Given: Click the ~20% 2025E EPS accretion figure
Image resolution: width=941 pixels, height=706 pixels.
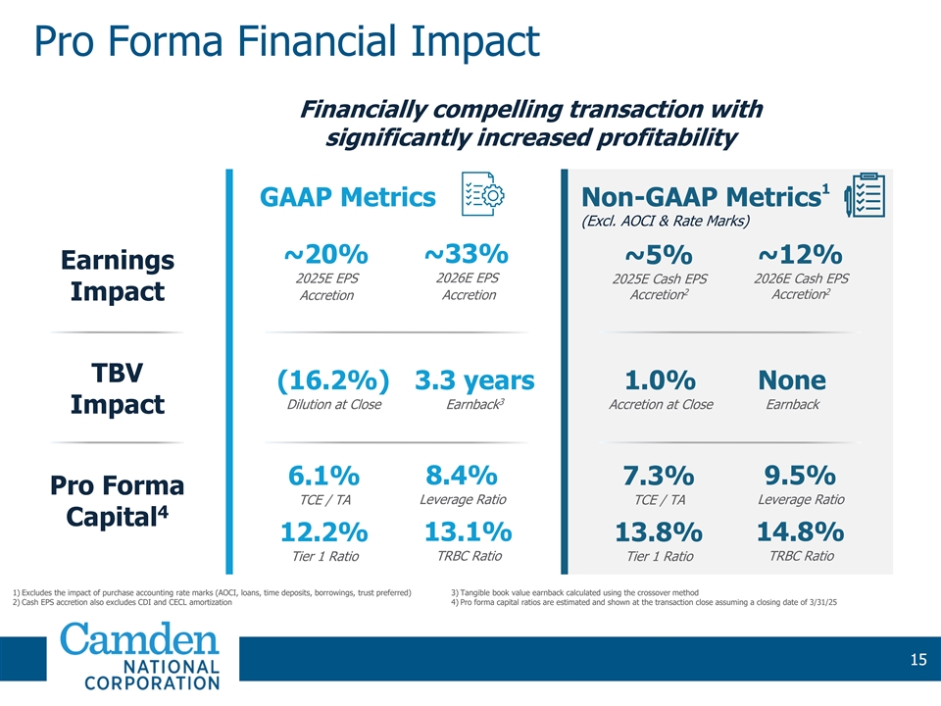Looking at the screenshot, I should coord(325,255).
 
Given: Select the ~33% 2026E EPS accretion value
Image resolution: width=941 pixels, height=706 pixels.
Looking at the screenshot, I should coord(467,253).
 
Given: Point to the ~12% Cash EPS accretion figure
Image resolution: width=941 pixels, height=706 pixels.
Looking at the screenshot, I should coord(799,253).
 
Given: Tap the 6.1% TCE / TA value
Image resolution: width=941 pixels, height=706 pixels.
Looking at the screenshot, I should coord(323,477).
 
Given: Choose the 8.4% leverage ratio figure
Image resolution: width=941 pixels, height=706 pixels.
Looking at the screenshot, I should coord(462,476).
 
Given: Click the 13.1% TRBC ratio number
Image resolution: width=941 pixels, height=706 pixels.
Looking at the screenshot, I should coord(468,531).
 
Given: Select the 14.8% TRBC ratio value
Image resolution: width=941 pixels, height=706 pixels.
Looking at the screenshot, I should coord(800,531).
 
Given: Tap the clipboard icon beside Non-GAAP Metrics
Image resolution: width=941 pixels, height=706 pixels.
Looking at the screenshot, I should coord(866,196).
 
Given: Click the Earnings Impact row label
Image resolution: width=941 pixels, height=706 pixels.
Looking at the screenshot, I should coord(118,277).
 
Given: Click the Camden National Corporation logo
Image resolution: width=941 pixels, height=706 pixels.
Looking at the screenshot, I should coord(141,657).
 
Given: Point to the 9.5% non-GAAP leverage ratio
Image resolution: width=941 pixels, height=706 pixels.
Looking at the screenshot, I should coord(799,476).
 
